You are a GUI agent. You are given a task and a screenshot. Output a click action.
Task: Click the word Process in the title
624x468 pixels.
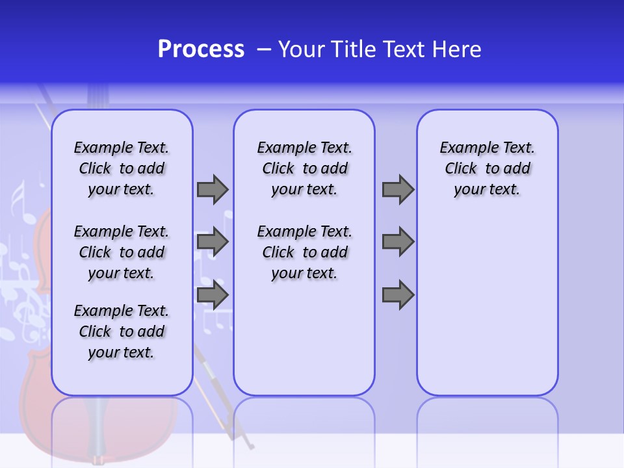[201, 49]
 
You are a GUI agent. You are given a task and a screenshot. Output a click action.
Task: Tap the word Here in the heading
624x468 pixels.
[456, 49]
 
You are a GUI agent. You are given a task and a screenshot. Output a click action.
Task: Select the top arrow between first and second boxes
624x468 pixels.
[213, 189]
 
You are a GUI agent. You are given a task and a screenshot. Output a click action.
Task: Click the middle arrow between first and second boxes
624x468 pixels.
[213, 242]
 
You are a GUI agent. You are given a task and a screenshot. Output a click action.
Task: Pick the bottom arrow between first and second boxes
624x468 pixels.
[213, 294]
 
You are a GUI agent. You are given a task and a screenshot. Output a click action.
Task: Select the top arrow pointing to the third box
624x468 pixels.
[398, 189]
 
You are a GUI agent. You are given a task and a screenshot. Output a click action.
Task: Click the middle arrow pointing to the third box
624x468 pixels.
[398, 242]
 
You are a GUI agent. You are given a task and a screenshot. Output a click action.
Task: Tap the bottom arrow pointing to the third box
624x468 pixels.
[398, 294]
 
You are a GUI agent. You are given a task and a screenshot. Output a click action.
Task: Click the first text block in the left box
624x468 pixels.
[122, 168]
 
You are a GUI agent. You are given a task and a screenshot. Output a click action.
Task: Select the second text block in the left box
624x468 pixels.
[122, 252]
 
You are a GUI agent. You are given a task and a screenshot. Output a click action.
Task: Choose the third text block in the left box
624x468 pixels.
[122, 331]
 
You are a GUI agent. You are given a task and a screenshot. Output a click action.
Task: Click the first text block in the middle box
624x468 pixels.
[304, 168]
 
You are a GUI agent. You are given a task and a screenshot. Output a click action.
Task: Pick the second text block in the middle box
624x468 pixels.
[304, 252]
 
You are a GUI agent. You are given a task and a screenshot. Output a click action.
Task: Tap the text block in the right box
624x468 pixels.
[487, 168]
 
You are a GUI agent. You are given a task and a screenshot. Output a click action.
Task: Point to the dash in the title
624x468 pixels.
[264, 49]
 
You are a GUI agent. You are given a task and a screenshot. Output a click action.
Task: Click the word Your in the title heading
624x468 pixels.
[301, 49]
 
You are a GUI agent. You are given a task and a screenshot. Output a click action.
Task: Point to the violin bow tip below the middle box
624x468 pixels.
[251, 446]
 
